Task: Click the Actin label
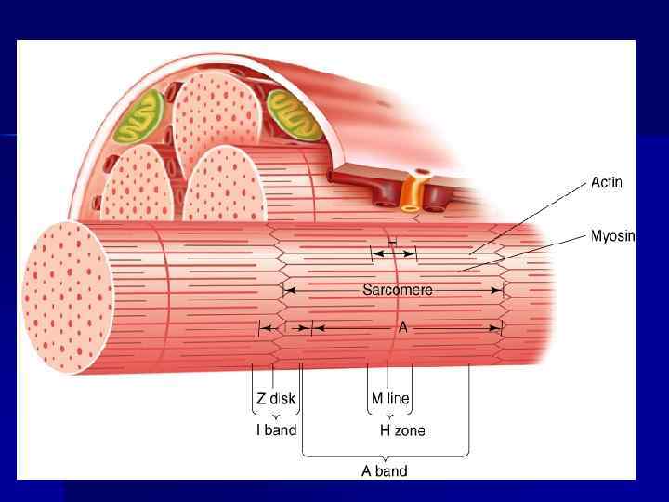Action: pyautogui.click(x=607, y=183)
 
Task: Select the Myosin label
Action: pyautogui.click(x=613, y=236)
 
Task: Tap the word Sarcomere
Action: pyautogui.click(x=397, y=290)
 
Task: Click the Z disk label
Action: pyautogui.click(x=276, y=399)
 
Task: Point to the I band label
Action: pyautogui.click(x=276, y=429)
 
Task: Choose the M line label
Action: pyautogui.click(x=390, y=399)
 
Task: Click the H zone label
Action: pyautogui.click(x=402, y=429)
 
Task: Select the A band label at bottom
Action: pyautogui.click(x=385, y=470)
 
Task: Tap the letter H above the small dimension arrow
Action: pyautogui.click(x=393, y=242)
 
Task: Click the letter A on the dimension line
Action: pyautogui.click(x=402, y=327)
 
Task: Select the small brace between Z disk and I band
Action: pyautogui.click(x=276, y=416)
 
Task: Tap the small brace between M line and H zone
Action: pyautogui.click(x=389, y=416)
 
